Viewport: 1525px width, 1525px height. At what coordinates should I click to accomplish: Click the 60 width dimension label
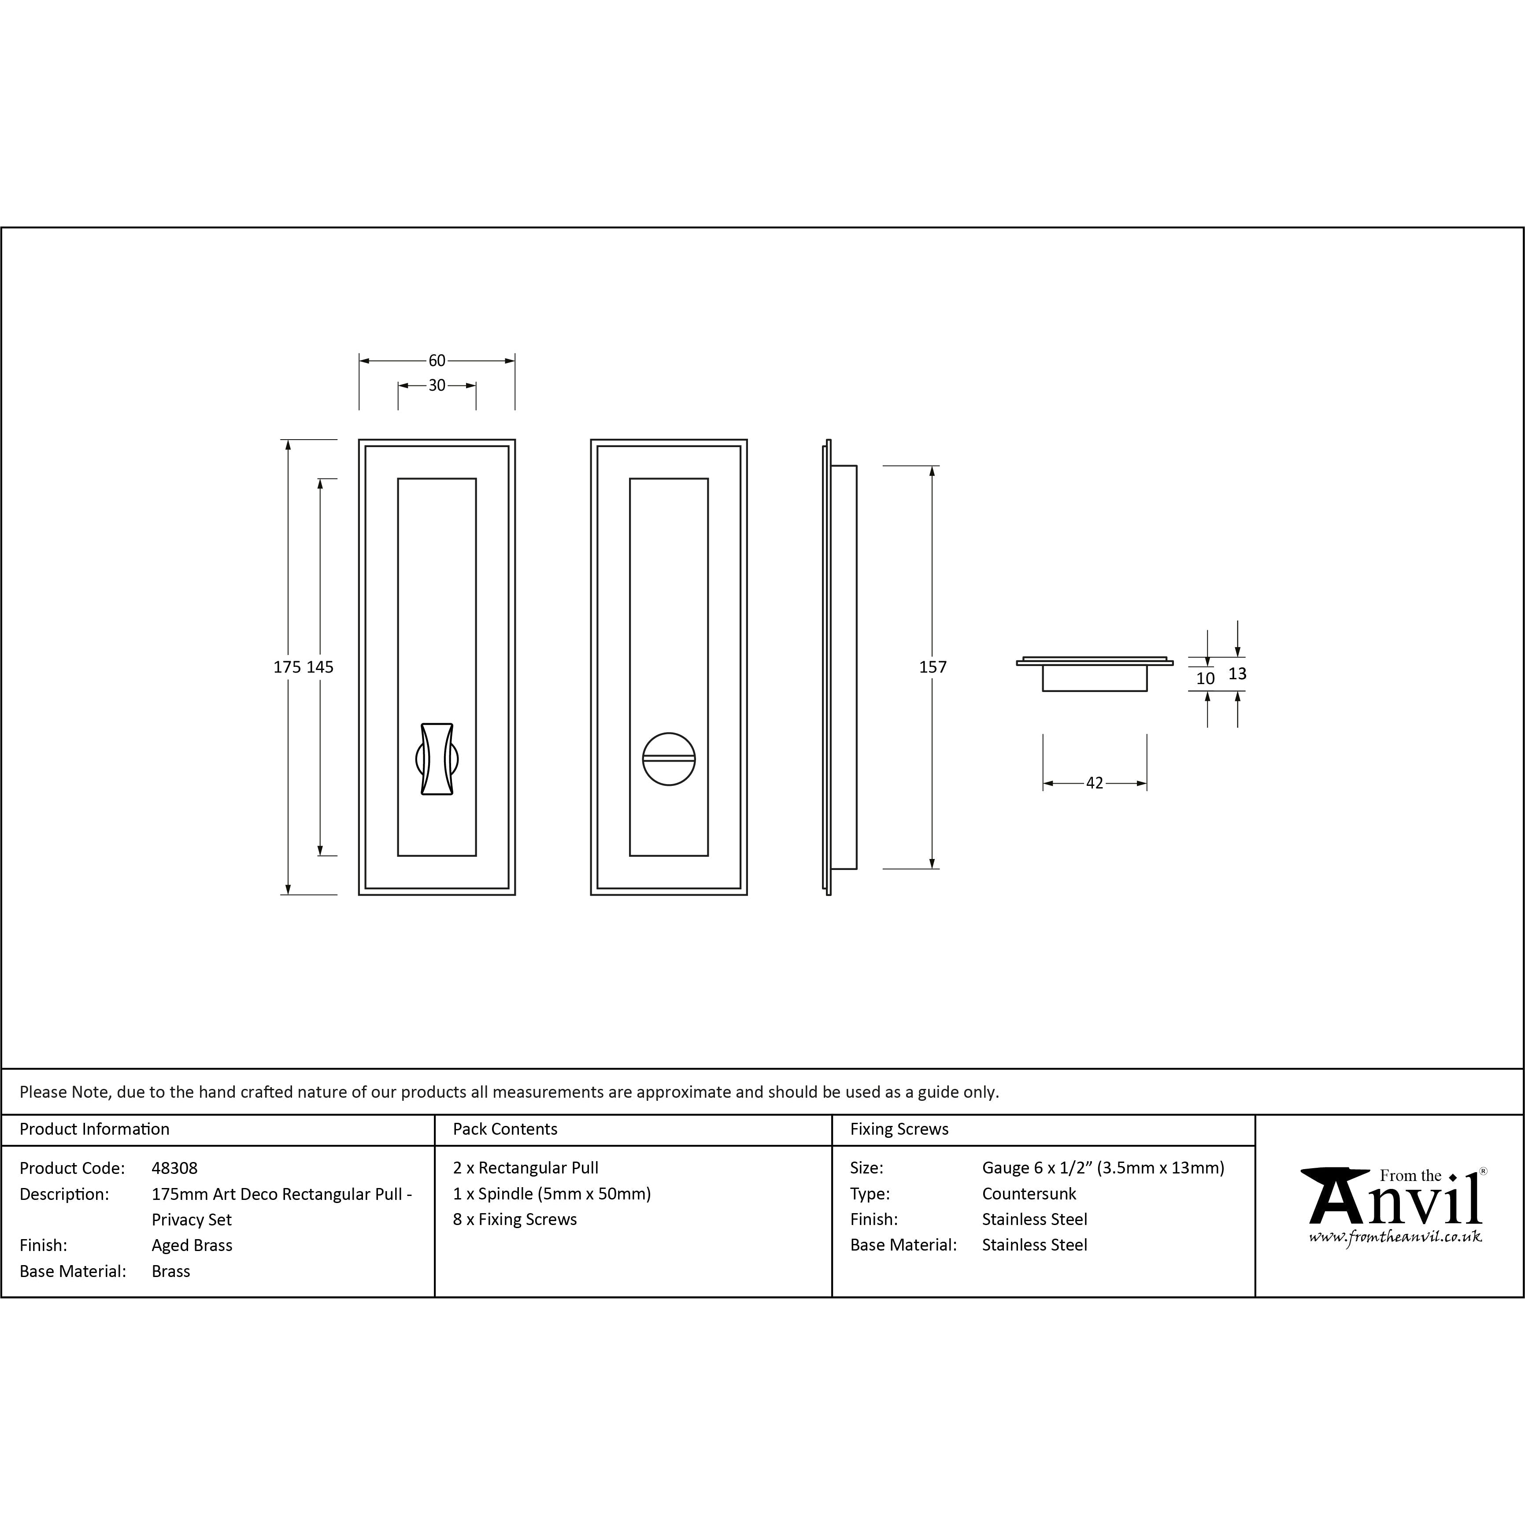[x=437, y=361]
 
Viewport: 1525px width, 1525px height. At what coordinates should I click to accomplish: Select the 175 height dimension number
[x=287, y=667]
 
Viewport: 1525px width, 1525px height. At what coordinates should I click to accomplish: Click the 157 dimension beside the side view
[x=932, y=667]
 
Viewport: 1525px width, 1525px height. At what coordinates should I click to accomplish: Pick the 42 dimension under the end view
[x=1094, y=783]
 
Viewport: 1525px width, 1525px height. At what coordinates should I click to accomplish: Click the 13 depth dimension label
[x=1237, y=674]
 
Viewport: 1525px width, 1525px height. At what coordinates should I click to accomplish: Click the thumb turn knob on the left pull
[x=437, y=759]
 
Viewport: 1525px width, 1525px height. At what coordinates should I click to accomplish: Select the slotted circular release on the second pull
[x=669, y=759]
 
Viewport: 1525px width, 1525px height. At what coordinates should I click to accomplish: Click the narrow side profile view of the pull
[x=840, y=667]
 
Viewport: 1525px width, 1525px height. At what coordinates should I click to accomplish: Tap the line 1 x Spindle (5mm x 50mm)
[x=552, y=1193]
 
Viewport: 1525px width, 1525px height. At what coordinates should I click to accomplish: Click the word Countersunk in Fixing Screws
[x=1029, y=1193]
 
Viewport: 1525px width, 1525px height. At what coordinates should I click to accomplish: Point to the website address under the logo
[x=1395, y=1237]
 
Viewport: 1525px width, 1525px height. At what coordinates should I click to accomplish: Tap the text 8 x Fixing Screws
[x=515, y=1220]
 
